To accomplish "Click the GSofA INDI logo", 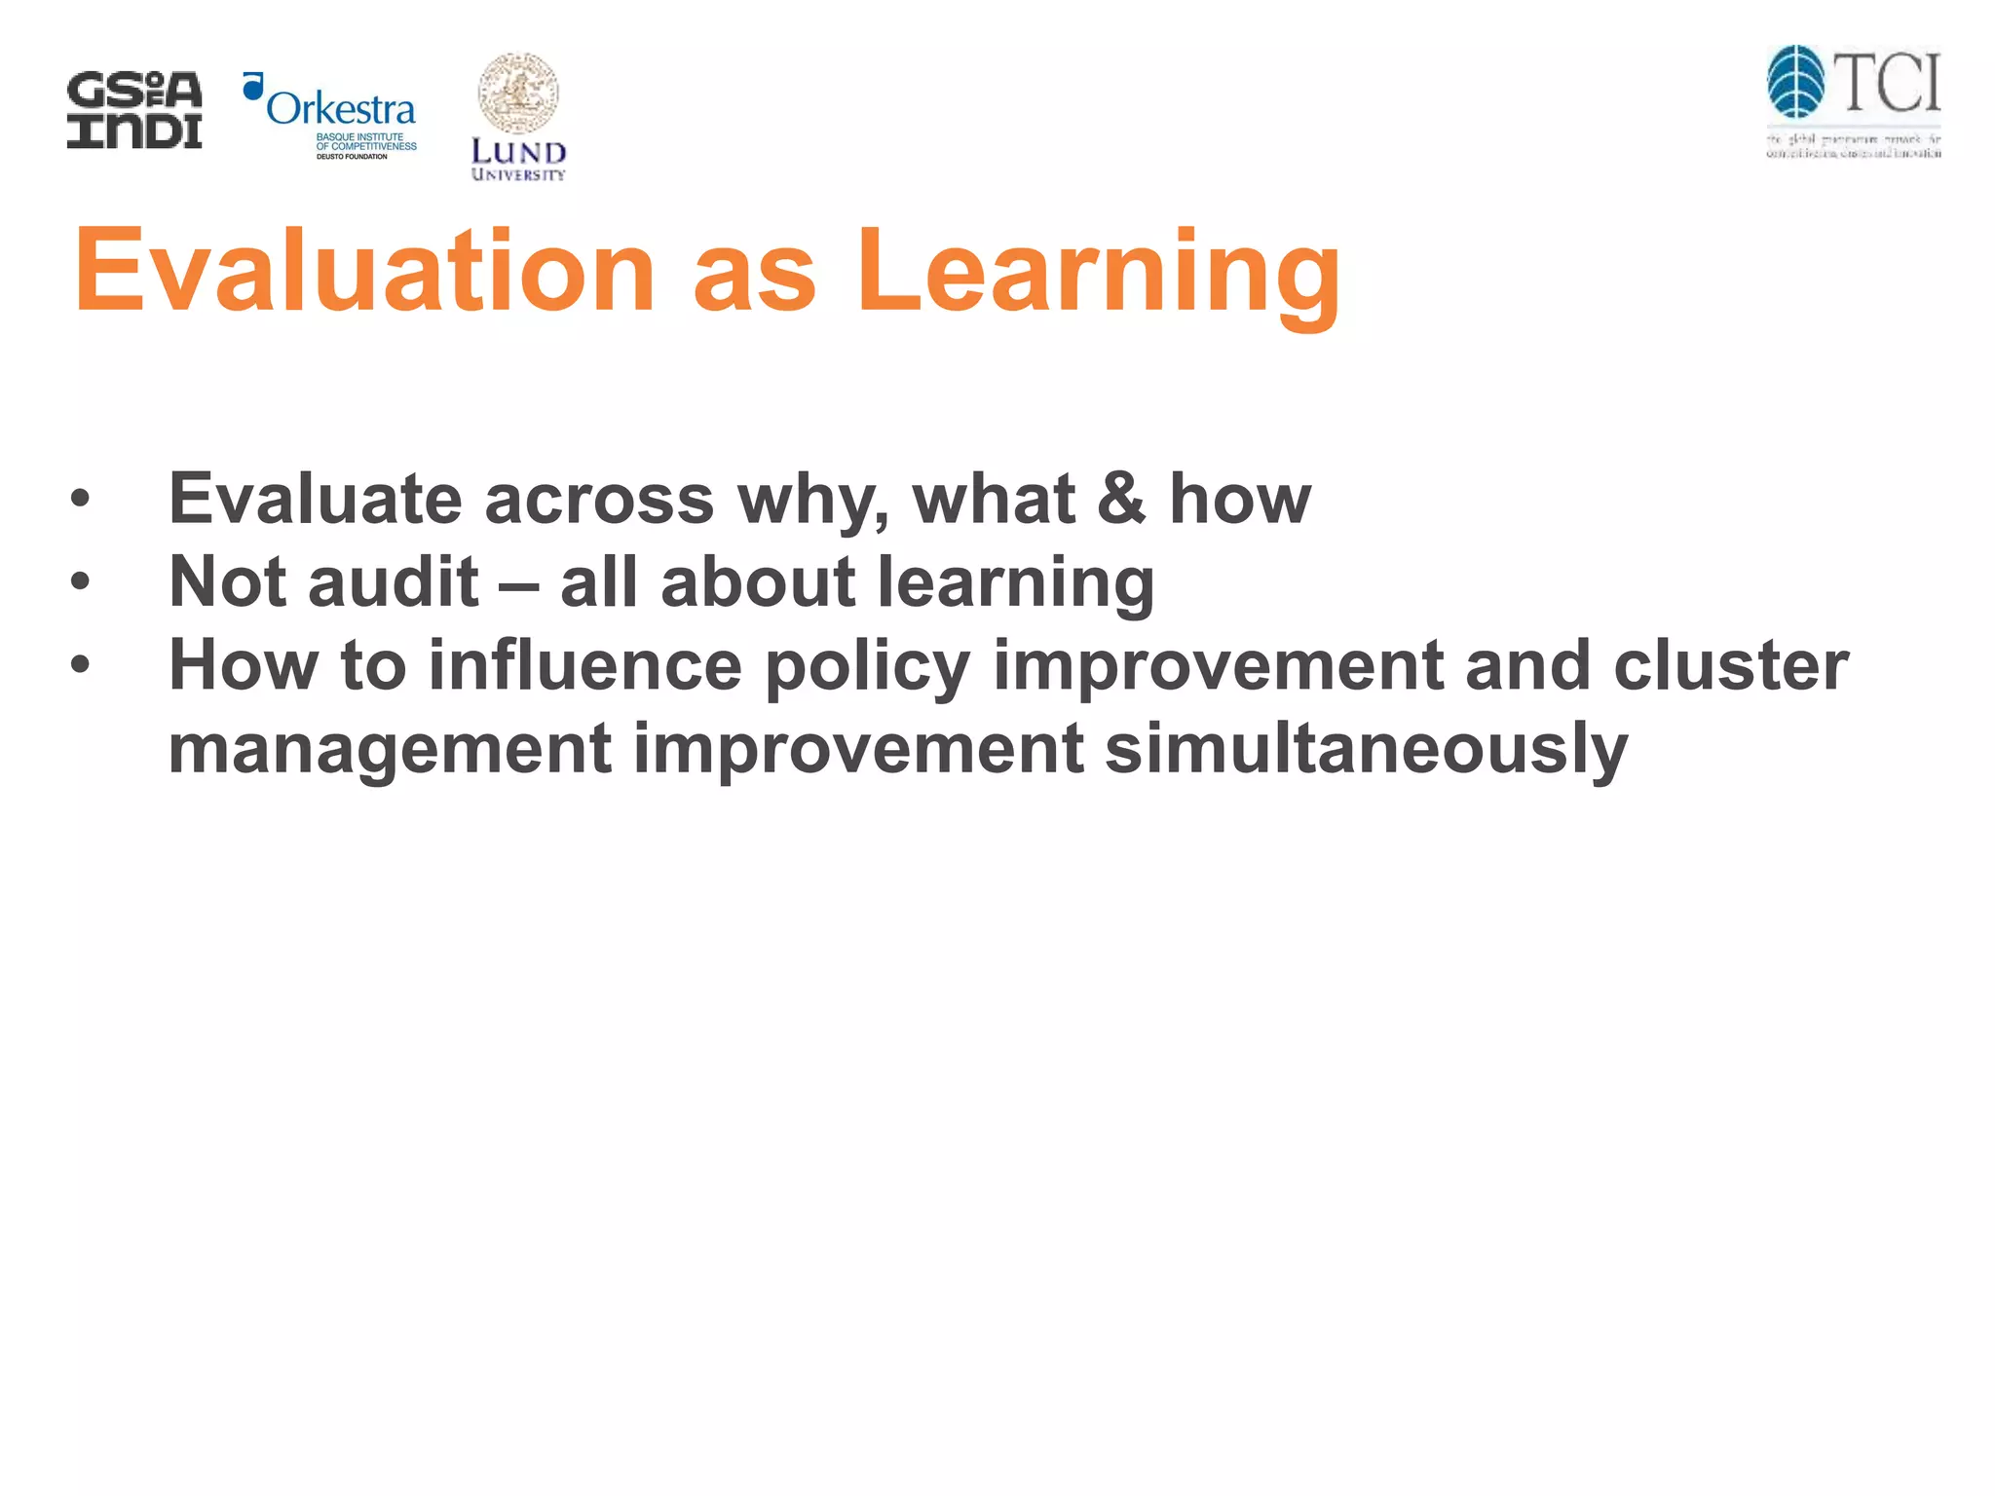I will [134, 110].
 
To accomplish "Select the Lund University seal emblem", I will [518, 93].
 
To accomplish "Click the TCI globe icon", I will [1795, 82].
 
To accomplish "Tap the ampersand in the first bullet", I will [1121, 498].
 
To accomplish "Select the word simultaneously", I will [1366, 750].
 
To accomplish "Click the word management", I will [390, 750].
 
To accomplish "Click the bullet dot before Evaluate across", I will [80, 500].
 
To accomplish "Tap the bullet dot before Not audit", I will [80, 582].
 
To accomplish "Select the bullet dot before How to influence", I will [80, 666].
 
